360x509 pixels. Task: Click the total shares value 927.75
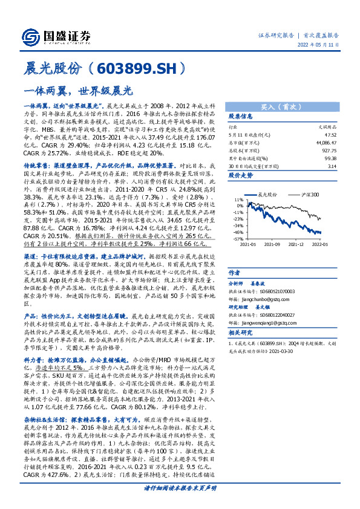330,149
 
